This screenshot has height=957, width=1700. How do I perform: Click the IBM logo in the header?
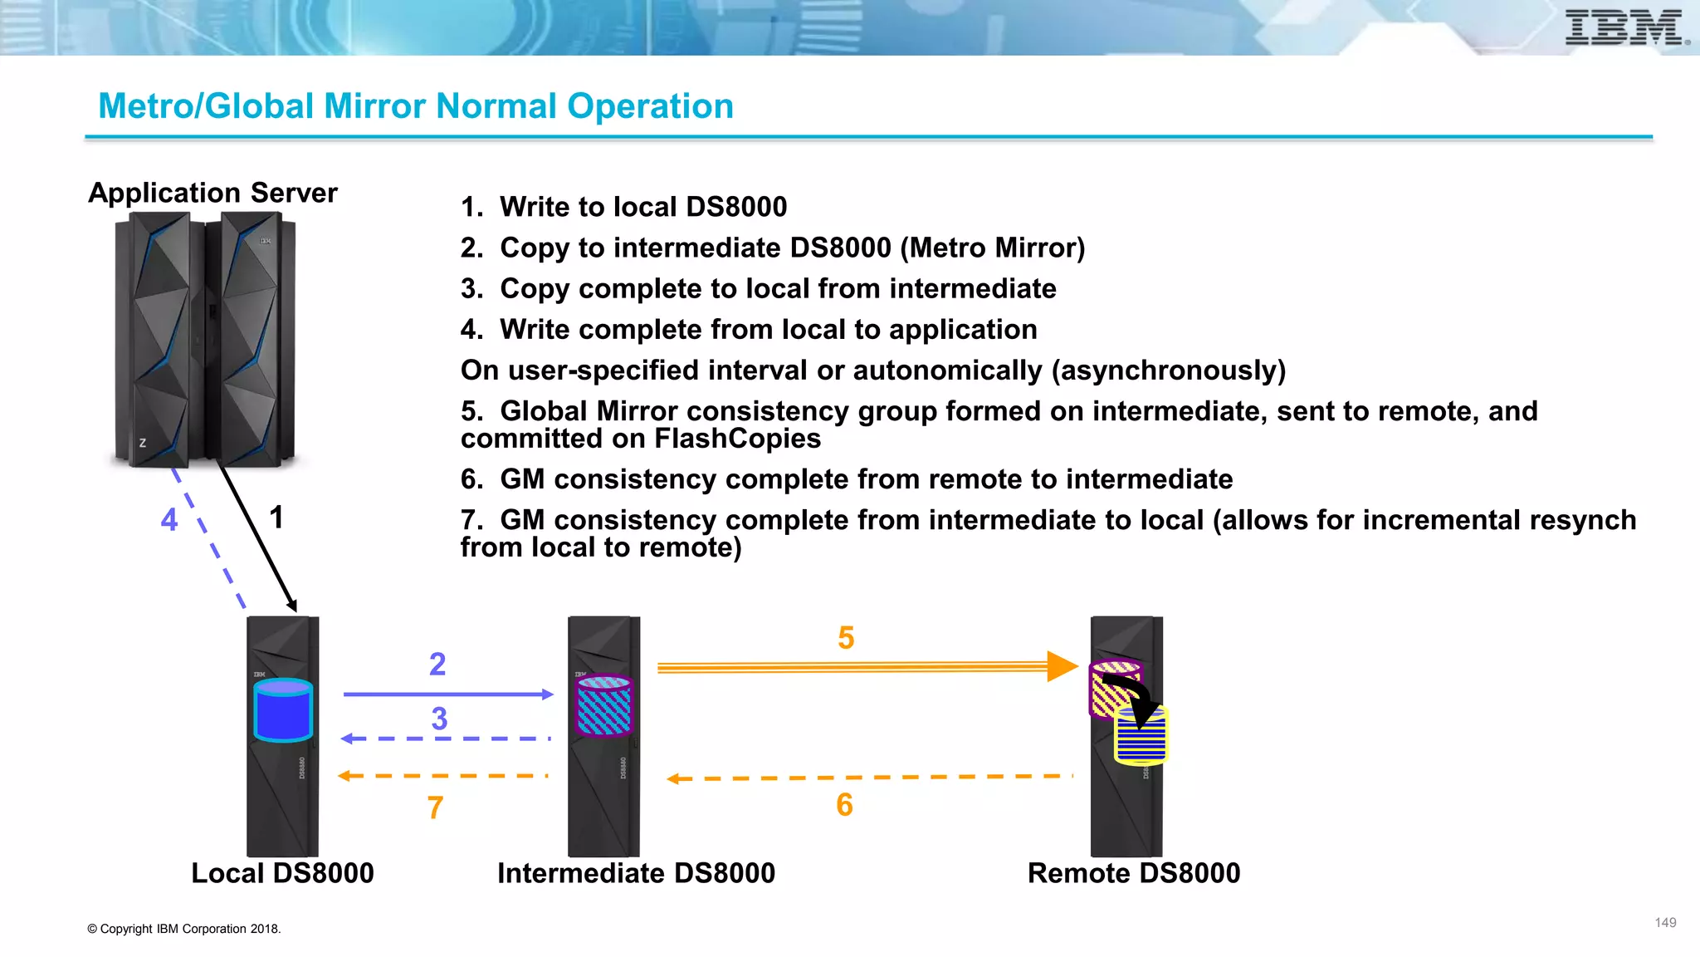(x=1624, y=27)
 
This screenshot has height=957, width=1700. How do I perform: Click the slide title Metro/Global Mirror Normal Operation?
(x=415, y=106)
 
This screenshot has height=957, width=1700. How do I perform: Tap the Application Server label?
(x=212, y=193)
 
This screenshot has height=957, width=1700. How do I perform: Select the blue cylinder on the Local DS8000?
(x=283, y=710)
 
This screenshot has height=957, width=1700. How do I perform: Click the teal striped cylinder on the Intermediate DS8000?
(x=603, y=705)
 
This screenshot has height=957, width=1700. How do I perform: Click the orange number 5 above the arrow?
(x=846, y=638)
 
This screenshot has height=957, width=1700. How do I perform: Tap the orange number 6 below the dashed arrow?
(x=844, y=805)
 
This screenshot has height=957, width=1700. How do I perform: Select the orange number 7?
(x=435, y=807)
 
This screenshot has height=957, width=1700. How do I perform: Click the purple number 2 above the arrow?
(x=437, y=664)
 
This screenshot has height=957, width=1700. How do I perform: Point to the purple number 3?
(x=439, y=719)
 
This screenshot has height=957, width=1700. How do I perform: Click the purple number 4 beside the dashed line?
(x=169, y=520)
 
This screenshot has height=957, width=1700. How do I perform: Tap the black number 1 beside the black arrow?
(x=276, y=518)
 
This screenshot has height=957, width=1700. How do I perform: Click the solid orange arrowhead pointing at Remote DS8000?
(x=1061, y=666)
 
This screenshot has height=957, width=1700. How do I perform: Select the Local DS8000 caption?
(x=282, y=873)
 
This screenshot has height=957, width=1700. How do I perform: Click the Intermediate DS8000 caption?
(x=636, y=873)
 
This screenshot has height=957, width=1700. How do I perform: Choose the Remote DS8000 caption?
(x=1133, y=873)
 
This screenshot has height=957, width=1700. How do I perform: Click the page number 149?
(x=1665, y=923)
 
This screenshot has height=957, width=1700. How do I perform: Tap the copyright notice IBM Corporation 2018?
(x=184, y=929)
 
